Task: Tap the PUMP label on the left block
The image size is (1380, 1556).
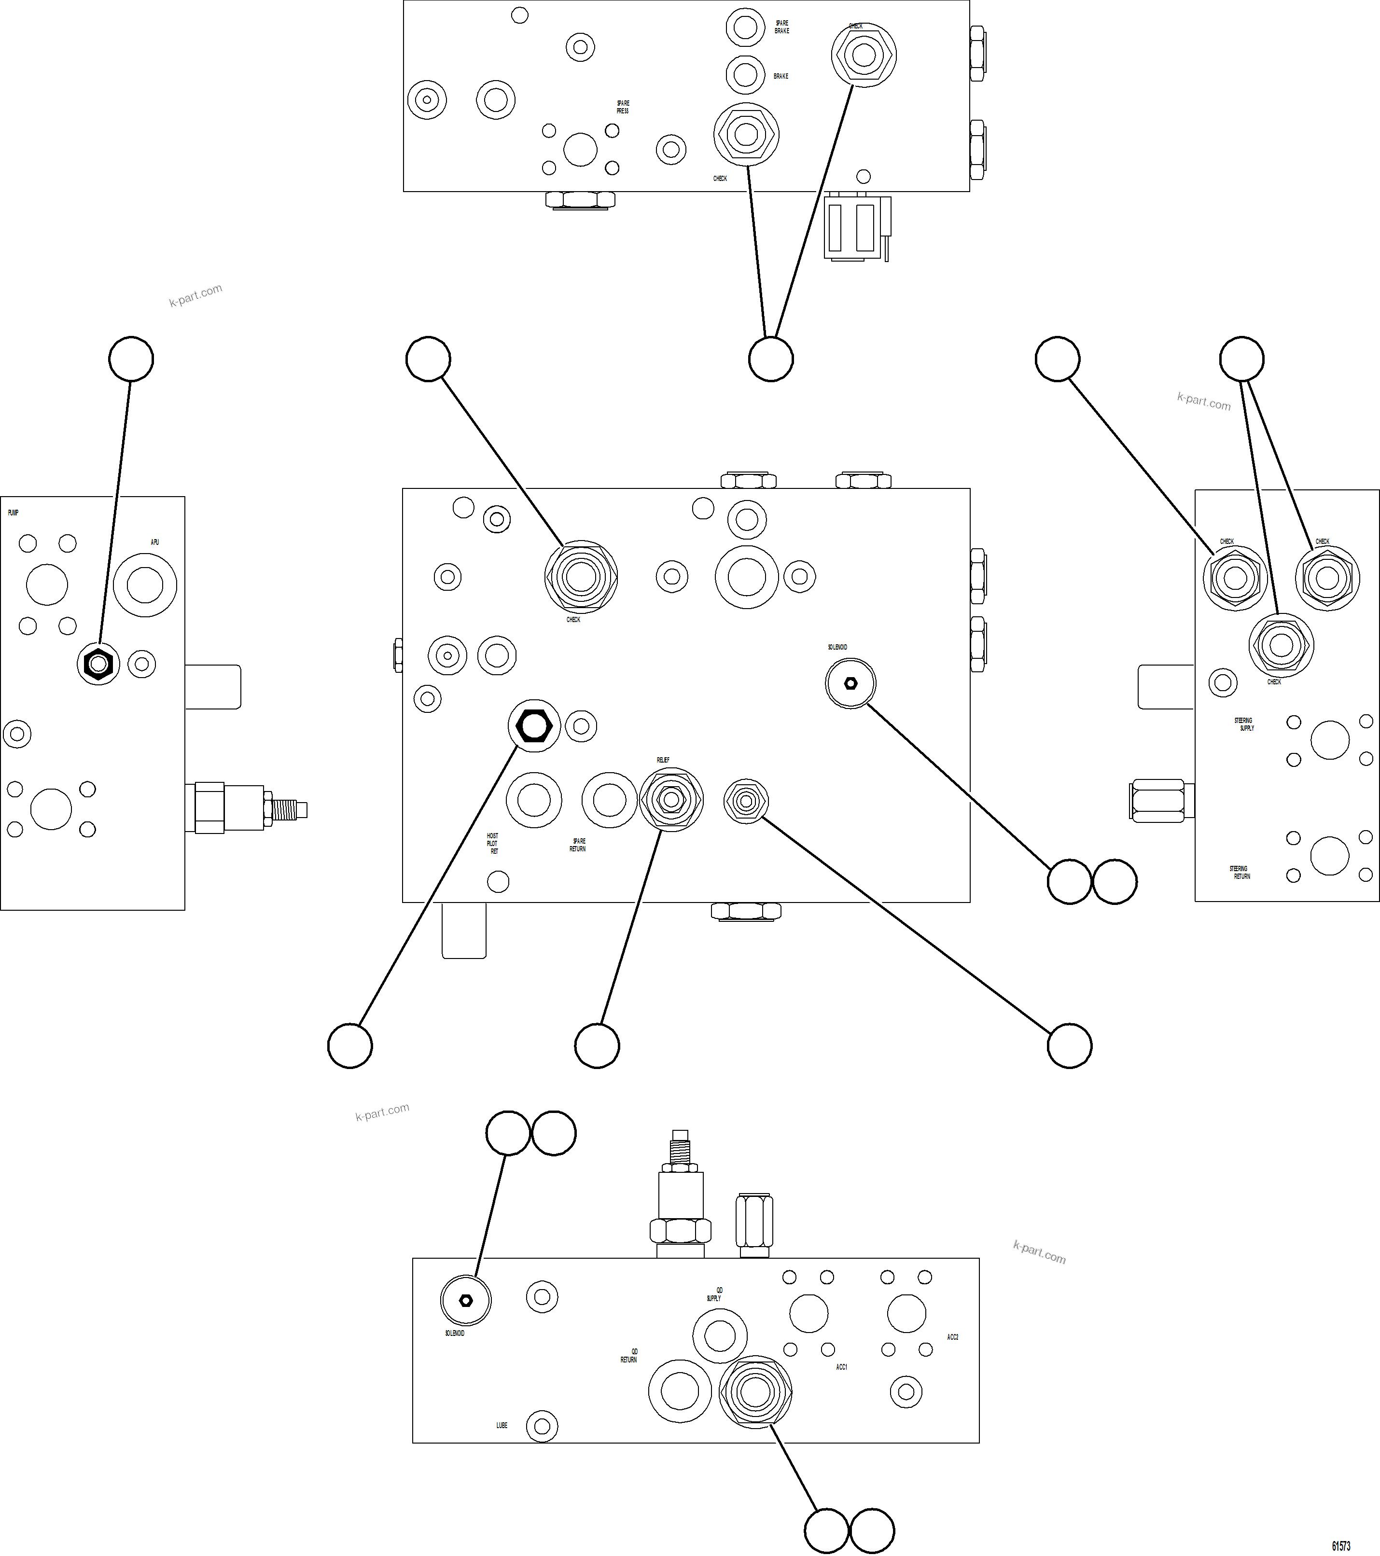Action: click(x=13, y=513)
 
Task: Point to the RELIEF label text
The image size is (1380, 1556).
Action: click(x=663, y=760)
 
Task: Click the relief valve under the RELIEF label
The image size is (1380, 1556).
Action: click(x=670, y=799)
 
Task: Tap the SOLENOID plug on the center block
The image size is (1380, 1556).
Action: click(x=850, y=683)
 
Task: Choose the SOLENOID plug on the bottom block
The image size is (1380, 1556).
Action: click(x=466, y=1300)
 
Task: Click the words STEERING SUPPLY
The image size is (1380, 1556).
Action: click(x=1244, y=724)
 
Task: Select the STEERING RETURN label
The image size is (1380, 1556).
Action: click(x=1240, y=873)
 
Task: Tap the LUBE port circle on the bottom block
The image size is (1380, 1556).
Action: click(x=542, y=1426)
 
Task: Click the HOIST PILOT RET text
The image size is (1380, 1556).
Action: click(x=492, y=844)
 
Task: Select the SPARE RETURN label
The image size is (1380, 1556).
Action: click(x=578, y=845)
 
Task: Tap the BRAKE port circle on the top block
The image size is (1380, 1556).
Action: click(x=745, y=75)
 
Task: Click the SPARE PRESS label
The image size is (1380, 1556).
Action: click(x=623, y=107)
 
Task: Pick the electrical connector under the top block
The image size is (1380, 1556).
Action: click(x=856, y=228)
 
